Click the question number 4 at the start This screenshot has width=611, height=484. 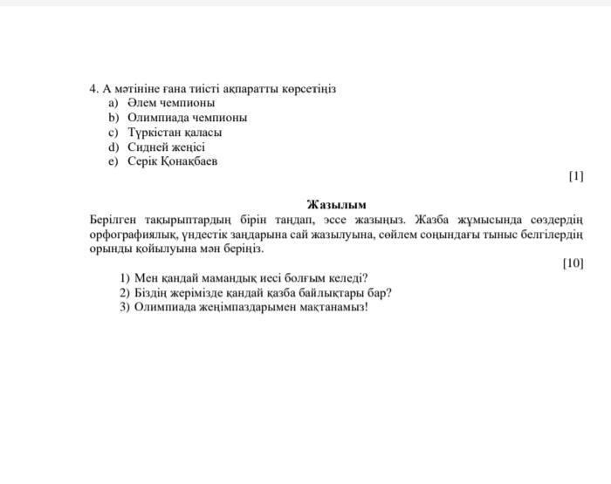click(93, 89)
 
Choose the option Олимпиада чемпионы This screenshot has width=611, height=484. click(187, 118)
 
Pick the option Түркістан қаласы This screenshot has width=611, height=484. click(175, 133)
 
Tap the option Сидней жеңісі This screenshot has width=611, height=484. click(166, 147)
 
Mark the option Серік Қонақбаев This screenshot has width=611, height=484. click(172, 161)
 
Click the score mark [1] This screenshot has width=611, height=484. click(575, 176)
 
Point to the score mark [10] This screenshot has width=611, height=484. click(573, 263)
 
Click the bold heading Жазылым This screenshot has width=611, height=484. click(336, 205)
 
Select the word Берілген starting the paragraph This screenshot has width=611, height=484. click(113, 219)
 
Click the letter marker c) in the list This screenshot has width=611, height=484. click(113, 133)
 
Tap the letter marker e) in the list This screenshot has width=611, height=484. click(113, 161)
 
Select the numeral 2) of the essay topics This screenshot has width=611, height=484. click(125, 293)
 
